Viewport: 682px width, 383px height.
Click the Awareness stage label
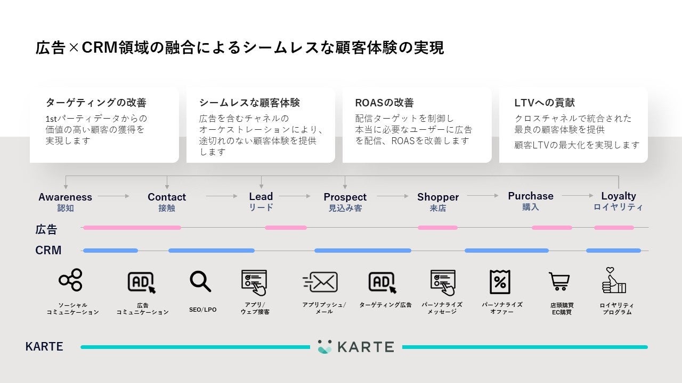point(65,197)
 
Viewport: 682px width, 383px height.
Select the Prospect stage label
point(345,197)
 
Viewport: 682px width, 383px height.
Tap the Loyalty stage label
point(618,196)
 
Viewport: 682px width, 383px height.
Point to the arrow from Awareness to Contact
point(113,196)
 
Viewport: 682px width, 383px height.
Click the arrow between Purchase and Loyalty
point(577,196)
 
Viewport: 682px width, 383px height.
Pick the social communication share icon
point(71,280)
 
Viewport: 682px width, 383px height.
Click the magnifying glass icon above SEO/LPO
point(200,281)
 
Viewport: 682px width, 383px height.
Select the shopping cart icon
point(559,281)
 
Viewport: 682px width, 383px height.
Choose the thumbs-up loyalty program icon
point(614,281)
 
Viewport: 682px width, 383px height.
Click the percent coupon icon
point(500,282)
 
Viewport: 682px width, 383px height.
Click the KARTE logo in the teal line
point(355,347)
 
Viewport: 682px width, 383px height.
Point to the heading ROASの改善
point(384,103)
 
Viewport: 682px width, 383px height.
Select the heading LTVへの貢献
point(545,103)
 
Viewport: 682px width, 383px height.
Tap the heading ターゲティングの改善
point(96,103)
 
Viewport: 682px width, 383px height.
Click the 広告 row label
point(46,229)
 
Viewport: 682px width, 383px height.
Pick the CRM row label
point(48,250)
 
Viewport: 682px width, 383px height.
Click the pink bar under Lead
point(286,228)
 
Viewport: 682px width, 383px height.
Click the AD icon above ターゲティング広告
point(383,282)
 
